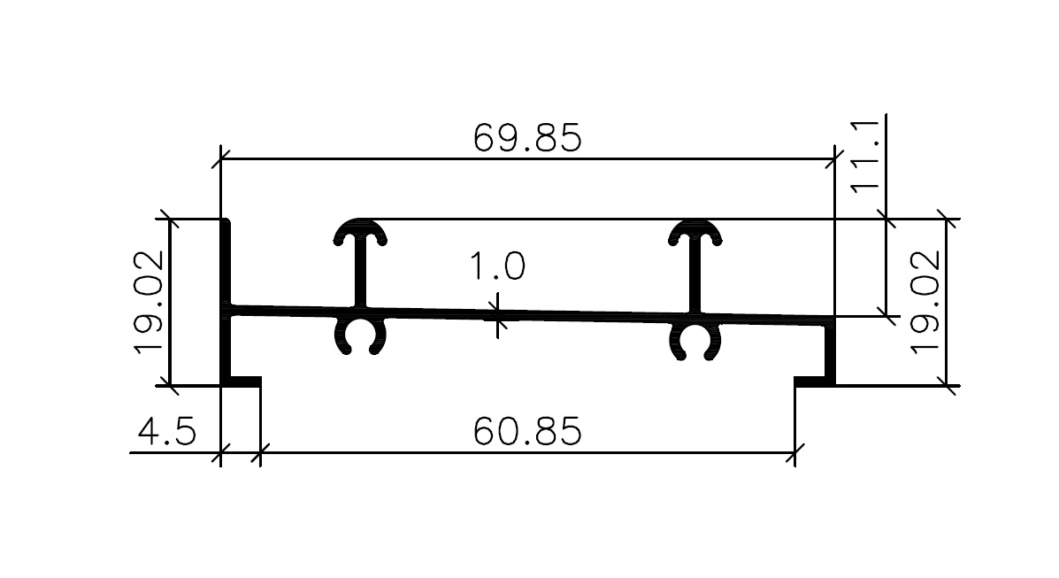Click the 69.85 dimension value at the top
click(526, 138)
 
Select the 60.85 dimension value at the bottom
click(526, 431)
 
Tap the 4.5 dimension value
click(167, 431)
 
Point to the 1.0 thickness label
click(497, 266)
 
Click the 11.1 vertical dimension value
click(864, 157)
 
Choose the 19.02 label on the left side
click(149, 302)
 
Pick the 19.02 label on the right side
click(925, 302)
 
